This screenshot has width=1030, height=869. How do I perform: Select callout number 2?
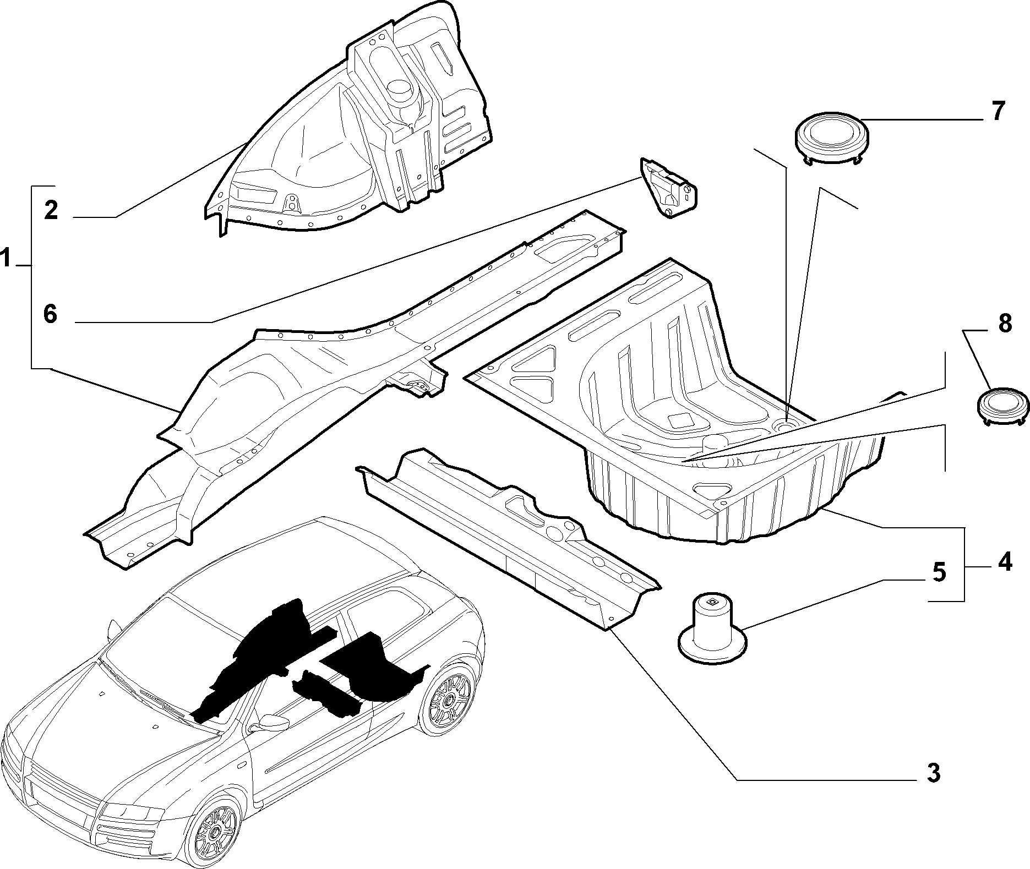pyautogui.click(x=51, y=210)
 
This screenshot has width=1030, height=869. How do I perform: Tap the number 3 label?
pyautogui.click(x=933, y=773)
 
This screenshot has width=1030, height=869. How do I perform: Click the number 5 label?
pyautogui.click(x=939, y=572)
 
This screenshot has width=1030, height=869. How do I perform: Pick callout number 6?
pyautogui.click(x=51, y=315)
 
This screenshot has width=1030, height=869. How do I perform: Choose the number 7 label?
pyautogui.click(x=998, y=111)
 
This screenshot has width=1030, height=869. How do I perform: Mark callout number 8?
pyautogui.click(x=1005, y=323)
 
